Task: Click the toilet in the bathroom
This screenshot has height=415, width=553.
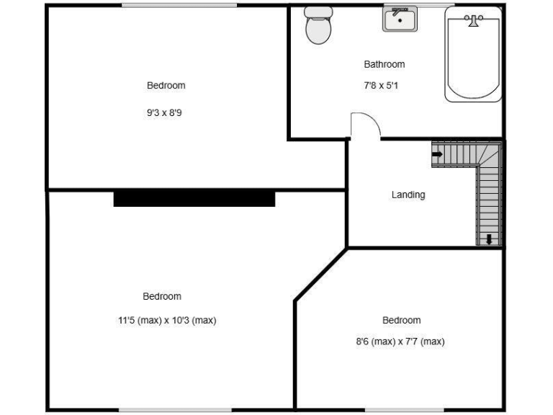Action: tap(317, 29)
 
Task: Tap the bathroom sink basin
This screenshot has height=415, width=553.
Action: tap(400, 21)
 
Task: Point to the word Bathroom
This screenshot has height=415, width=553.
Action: tap(384, 64)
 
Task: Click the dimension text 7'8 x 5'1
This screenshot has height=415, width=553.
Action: tap(384, 85)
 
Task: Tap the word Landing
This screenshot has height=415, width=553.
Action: tap(408, 195)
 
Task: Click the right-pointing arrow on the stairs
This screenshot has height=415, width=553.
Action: tap(437, 153)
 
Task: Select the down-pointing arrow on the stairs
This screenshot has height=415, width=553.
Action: tap(489, 238)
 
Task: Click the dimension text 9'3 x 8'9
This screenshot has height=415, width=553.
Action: tap(166, 112)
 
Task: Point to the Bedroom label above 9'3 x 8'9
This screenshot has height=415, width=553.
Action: tap(166, 85)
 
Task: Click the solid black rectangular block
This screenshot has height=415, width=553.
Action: tap(194, 198)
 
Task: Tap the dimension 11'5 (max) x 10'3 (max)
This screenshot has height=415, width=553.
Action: tap(167, 321)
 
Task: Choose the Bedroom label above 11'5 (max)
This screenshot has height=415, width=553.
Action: tap(162, 296)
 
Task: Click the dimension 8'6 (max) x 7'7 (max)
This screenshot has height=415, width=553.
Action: tap(400, 342)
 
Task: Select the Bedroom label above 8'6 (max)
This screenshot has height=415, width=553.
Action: tap(401, 320)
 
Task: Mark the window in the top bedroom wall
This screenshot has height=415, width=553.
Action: tap(179, 6)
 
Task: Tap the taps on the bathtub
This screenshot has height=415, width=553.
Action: tap(473, 20)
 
